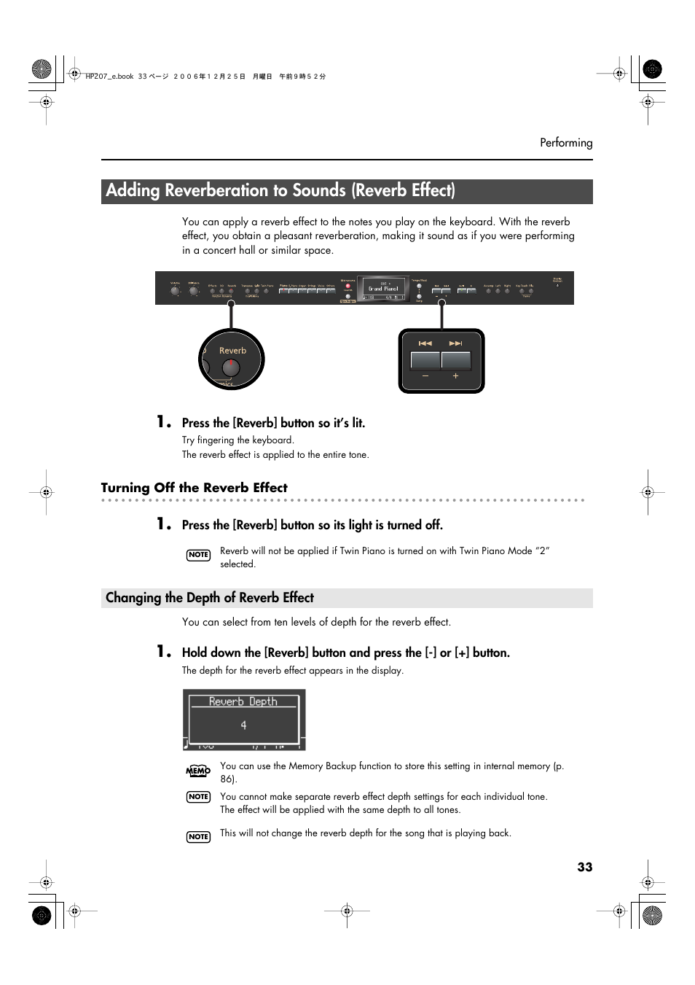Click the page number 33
pos(584,867)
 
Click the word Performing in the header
pos(565,143)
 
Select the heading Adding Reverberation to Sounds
pos(280,191)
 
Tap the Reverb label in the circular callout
pos(232,351)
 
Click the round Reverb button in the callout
pos(231,367)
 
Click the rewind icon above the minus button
pos(425,343)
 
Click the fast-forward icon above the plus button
pos(456,343)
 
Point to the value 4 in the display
pos(243,725)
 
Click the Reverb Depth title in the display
pos(243,701)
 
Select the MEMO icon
pos(198,771)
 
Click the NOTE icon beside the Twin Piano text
pos(198,555)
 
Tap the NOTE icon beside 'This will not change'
pos(198,837)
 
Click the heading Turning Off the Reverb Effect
pos(194,488)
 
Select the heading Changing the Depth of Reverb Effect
pos(210,598)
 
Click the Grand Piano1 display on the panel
pos(383,289)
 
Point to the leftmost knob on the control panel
pos(175,290)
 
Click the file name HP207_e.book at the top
pos(109,77)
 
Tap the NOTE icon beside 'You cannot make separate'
pos(198,797)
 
